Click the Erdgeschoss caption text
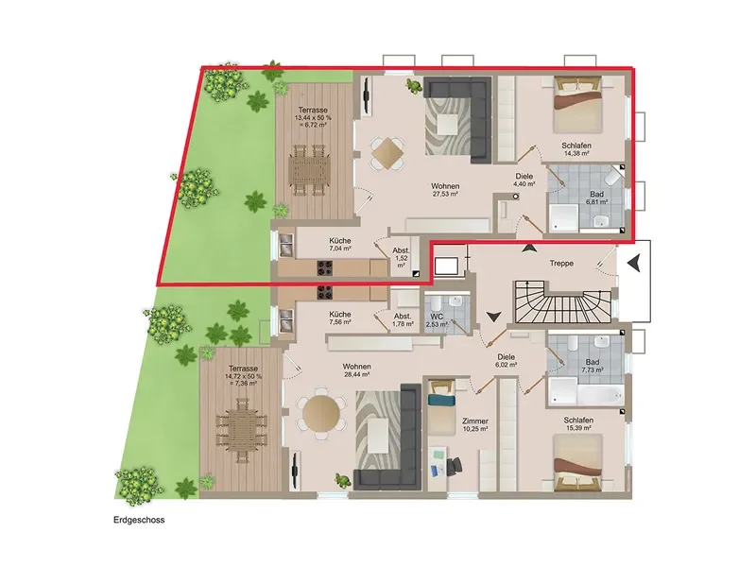tap(139, 521)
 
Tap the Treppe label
tap(561, 264)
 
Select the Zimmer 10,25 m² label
tap(475, 424)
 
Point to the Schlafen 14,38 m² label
tap(576, 149)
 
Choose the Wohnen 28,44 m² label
tap(357, 369)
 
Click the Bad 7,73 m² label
tap(593, 366)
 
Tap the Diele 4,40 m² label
tap(524, 180)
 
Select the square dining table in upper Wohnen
tap(387, 154)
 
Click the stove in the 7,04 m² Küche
tap(324, 268)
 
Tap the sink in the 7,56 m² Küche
tap(286, 320)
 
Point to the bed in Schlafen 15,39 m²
tap(577, 463)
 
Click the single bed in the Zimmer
tap(441, 407)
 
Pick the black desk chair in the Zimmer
tap(454, 466)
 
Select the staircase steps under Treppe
tap(562, 302)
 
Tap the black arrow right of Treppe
tap(635, 264)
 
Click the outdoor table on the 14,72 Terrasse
tap(241, 430)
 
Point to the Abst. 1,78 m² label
tap(403, 320)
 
